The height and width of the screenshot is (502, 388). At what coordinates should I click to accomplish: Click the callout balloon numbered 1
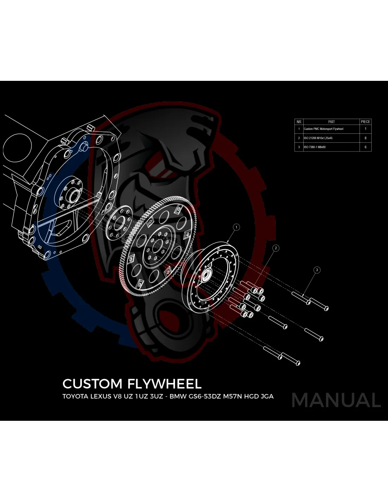click(x=236, y=227)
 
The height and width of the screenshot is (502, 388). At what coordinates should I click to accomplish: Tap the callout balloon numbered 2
click(x=276, y=248)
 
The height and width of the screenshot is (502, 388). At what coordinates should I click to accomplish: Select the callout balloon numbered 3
click(x=317, y=270)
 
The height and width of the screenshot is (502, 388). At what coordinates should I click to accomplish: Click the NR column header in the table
click(x=299, y=121)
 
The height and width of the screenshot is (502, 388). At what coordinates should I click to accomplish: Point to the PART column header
click(x=331, y=121)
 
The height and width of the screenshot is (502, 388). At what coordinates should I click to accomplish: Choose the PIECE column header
click(x=365, y=121)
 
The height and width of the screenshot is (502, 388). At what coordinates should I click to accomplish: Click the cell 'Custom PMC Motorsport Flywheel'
click(x=323, y=129)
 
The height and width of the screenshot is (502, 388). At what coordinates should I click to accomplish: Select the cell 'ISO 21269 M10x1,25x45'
click(x=318, y=138)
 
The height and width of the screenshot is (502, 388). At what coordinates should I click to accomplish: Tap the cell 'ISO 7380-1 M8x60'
click(x=315, y=147)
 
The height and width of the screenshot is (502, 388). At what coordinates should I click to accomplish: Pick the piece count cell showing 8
click(x=365, y=138)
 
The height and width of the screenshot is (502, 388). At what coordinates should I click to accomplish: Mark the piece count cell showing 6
click(x=365, y=147)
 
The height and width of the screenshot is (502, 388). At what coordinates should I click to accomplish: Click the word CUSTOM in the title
click(x=92, y=384)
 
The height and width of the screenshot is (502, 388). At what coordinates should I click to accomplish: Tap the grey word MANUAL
click(x=336, y=400)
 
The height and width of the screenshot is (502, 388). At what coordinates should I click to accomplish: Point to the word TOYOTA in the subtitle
click(x=75, y=396)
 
